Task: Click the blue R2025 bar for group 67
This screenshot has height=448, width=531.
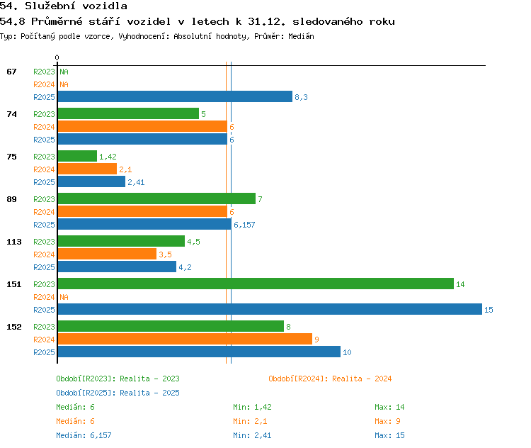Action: point(175,96)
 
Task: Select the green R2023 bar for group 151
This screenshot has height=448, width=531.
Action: point(256,284)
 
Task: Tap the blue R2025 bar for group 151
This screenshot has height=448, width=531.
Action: point(270,309)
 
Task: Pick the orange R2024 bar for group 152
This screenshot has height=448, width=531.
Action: point(185,339)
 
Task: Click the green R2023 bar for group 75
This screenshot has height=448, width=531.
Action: point(77,156)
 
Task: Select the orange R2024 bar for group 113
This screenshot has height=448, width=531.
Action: point(107,254)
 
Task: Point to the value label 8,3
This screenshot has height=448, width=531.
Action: point(301,97)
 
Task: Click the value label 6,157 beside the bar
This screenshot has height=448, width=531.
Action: point(244,225)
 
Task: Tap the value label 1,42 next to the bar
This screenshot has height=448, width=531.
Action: point(108,157)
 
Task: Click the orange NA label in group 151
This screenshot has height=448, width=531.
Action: point(64,297)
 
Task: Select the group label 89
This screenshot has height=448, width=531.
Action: point(11,199)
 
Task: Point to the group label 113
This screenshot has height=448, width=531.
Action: point(14,242)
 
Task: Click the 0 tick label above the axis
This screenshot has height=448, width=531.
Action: point(57,57)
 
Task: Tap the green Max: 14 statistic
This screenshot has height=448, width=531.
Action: point(389,407)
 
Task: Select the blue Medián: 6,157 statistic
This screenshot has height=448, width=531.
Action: point(84,435)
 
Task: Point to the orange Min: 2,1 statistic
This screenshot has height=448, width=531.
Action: point(250,421)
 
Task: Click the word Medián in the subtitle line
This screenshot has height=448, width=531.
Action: point(301,36)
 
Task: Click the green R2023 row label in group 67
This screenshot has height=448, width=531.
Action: point(44,72)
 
